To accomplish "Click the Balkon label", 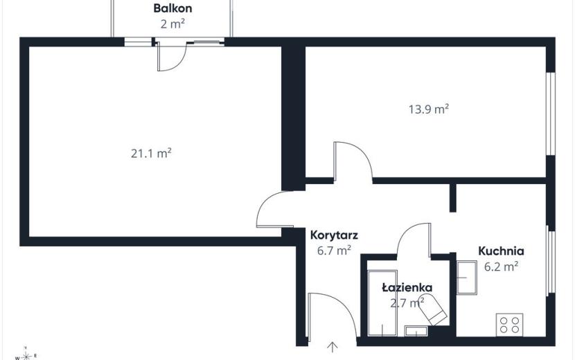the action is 172,8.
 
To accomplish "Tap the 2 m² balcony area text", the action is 172,24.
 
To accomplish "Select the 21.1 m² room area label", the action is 151,153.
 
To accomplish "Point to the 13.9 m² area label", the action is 429,109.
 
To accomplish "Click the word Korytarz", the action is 334,235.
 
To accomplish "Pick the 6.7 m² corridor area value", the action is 334,251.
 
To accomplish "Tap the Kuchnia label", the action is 501,251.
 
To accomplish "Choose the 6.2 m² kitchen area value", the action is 501,267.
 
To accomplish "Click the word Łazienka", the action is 407,287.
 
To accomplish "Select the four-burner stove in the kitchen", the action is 509,325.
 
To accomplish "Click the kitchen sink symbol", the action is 466,277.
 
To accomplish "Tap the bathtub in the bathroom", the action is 382,303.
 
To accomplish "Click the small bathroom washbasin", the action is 416,331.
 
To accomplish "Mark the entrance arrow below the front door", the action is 333,347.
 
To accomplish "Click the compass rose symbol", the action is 26,354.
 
